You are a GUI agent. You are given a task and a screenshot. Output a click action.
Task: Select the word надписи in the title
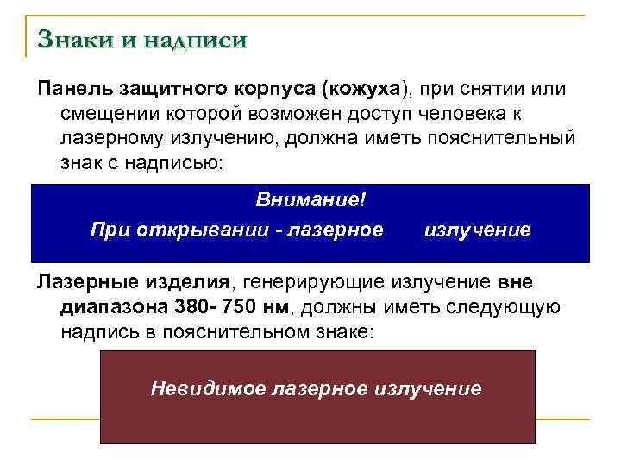(x=197, y=41)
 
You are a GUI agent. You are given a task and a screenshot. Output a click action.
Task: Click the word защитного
(x=166, y=89)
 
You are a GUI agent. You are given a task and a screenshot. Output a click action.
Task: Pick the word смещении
(x=103, y=114)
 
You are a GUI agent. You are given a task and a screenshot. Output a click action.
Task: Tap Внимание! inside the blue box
(x=310, y=199)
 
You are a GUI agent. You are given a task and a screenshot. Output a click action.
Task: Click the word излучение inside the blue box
(x=478, y=230)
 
